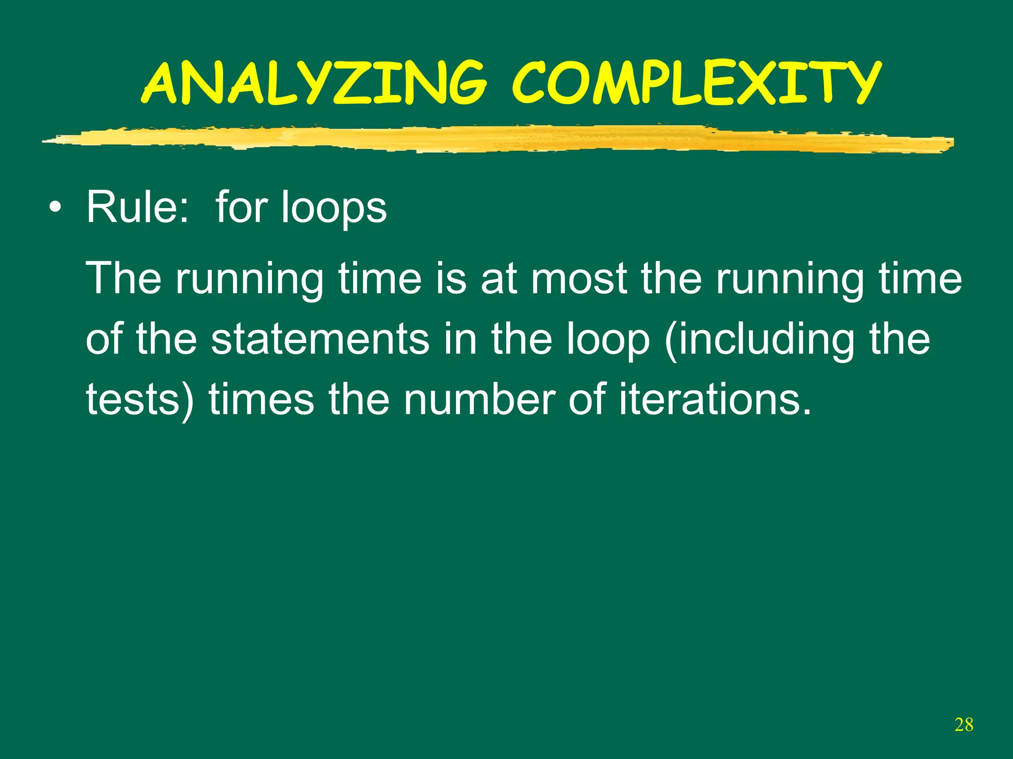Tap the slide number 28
click(x=964, y=724)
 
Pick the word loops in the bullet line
click(x=333, y=208)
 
